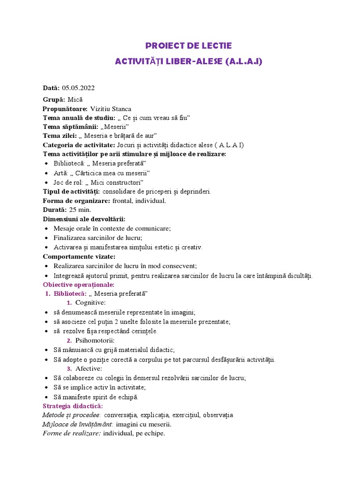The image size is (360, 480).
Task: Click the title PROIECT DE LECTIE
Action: point(188,46)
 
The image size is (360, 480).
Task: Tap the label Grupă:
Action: point(54,99)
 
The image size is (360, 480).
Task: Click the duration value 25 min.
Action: point(80,210)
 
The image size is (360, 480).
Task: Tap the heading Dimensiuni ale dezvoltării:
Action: point(84,219)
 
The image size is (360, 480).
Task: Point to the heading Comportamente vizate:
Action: point(79,256)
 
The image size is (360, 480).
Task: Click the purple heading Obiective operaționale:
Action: point(78,285)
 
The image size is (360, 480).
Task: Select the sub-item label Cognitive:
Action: point(90,303)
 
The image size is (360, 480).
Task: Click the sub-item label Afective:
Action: point(89,368)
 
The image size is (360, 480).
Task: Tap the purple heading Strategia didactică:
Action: point(73,406)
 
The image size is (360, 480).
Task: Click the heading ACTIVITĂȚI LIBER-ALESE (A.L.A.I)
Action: point(188,61)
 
